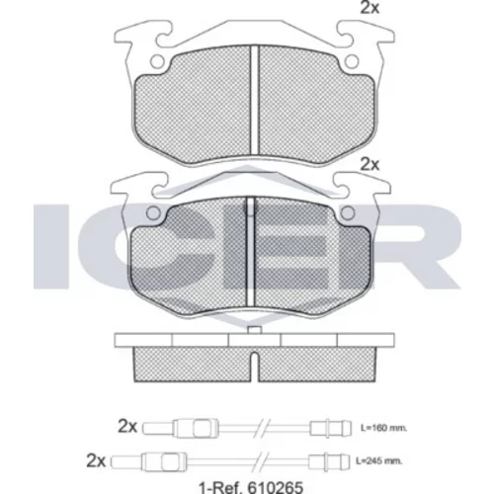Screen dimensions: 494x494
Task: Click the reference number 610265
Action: coord(276,487)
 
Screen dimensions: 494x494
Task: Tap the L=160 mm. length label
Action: coord(383,428)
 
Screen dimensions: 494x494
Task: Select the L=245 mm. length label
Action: coord(378,460)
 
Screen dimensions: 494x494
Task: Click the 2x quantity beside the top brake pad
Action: coord(370,8)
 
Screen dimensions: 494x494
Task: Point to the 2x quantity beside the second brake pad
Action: coord(370,164)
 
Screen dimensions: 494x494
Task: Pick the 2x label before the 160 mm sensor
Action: coord(127,427)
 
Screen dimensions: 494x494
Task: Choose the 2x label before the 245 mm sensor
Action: coord(96,461)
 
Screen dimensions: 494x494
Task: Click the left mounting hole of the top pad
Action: coord(158,61)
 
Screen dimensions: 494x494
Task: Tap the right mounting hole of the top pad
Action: coord(352,61)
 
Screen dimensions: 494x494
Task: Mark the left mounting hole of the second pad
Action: coord(153,213)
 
